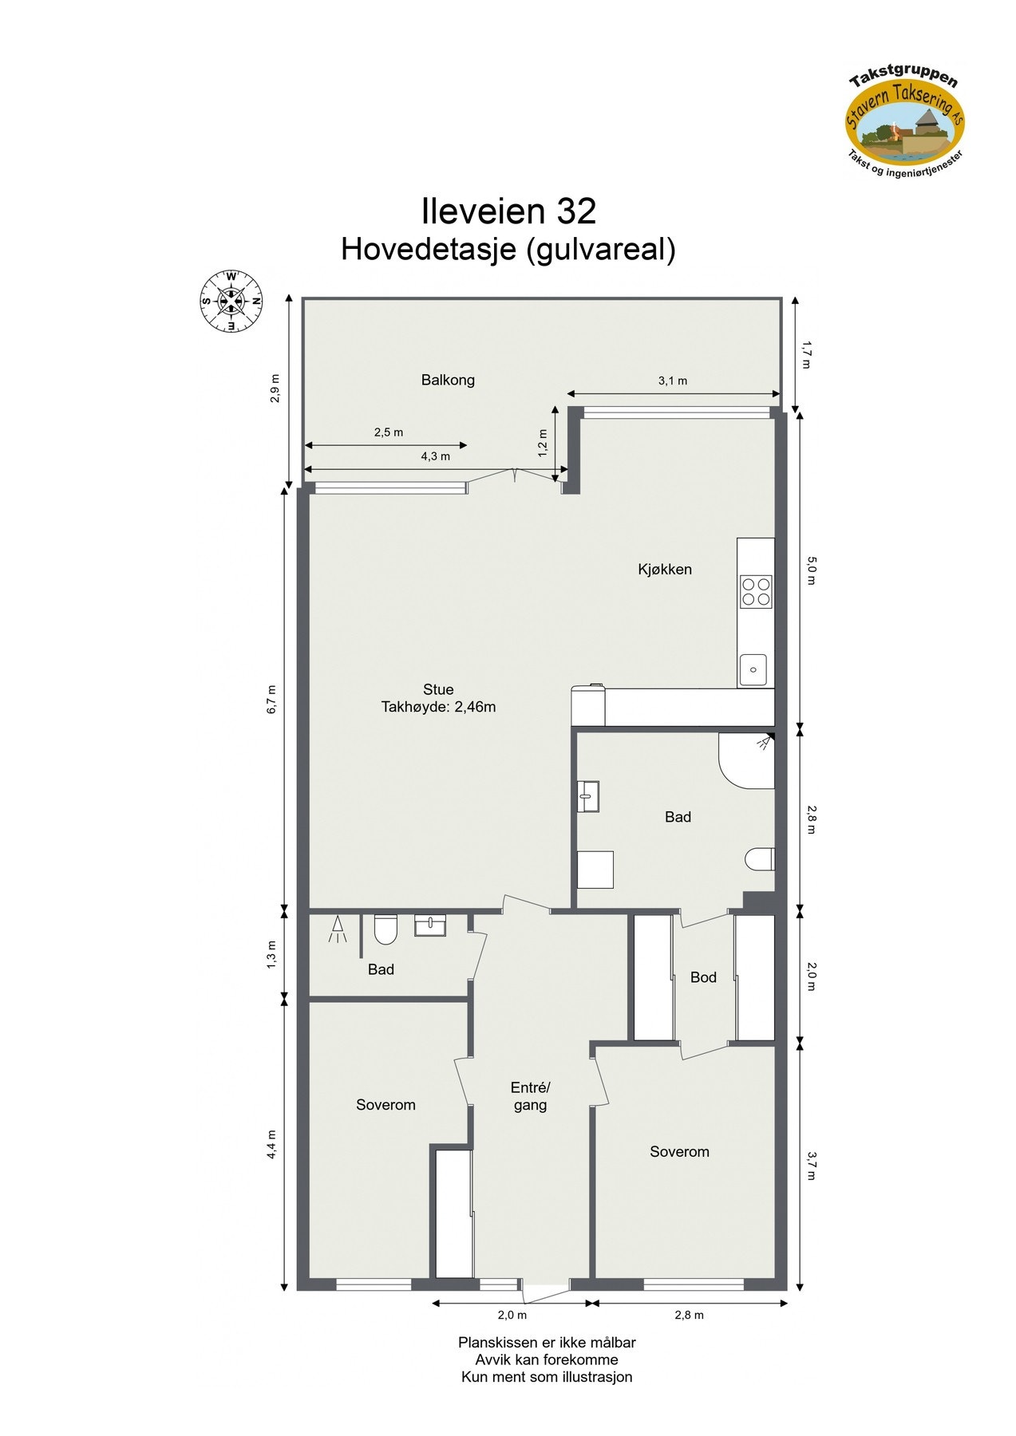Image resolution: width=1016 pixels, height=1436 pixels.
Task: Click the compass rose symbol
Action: pos(231,302)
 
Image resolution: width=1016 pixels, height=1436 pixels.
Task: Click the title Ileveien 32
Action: pos(508,211)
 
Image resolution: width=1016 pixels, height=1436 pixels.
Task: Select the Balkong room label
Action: pos(448,380)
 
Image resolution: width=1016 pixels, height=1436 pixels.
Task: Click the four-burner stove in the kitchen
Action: pos(756,592)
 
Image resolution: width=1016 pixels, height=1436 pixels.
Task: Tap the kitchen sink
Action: pos(753,669)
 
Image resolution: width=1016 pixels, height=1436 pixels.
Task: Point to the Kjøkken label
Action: pos(665,570)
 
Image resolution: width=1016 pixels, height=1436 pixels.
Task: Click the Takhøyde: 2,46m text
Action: pos(438,707)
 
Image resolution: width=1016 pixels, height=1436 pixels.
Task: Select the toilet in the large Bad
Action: pos(760,859)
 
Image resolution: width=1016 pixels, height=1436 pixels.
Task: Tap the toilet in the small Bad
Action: pos(385,929)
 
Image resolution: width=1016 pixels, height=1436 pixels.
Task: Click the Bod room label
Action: pos(703,977)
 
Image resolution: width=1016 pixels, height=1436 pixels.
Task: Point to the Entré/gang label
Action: pos(531,1096)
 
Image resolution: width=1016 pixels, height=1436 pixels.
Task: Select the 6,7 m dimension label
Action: pos(271,700)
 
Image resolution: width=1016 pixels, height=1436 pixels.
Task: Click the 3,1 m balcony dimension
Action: pos(672,381)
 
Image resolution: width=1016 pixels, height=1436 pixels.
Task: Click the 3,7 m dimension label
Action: pos(811,1166)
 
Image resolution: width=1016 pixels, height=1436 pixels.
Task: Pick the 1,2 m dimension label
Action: pos(543,444)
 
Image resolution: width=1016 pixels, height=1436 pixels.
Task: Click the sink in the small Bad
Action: pos(430,925)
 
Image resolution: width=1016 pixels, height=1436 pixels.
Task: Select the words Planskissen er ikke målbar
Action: pos(547,1343)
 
